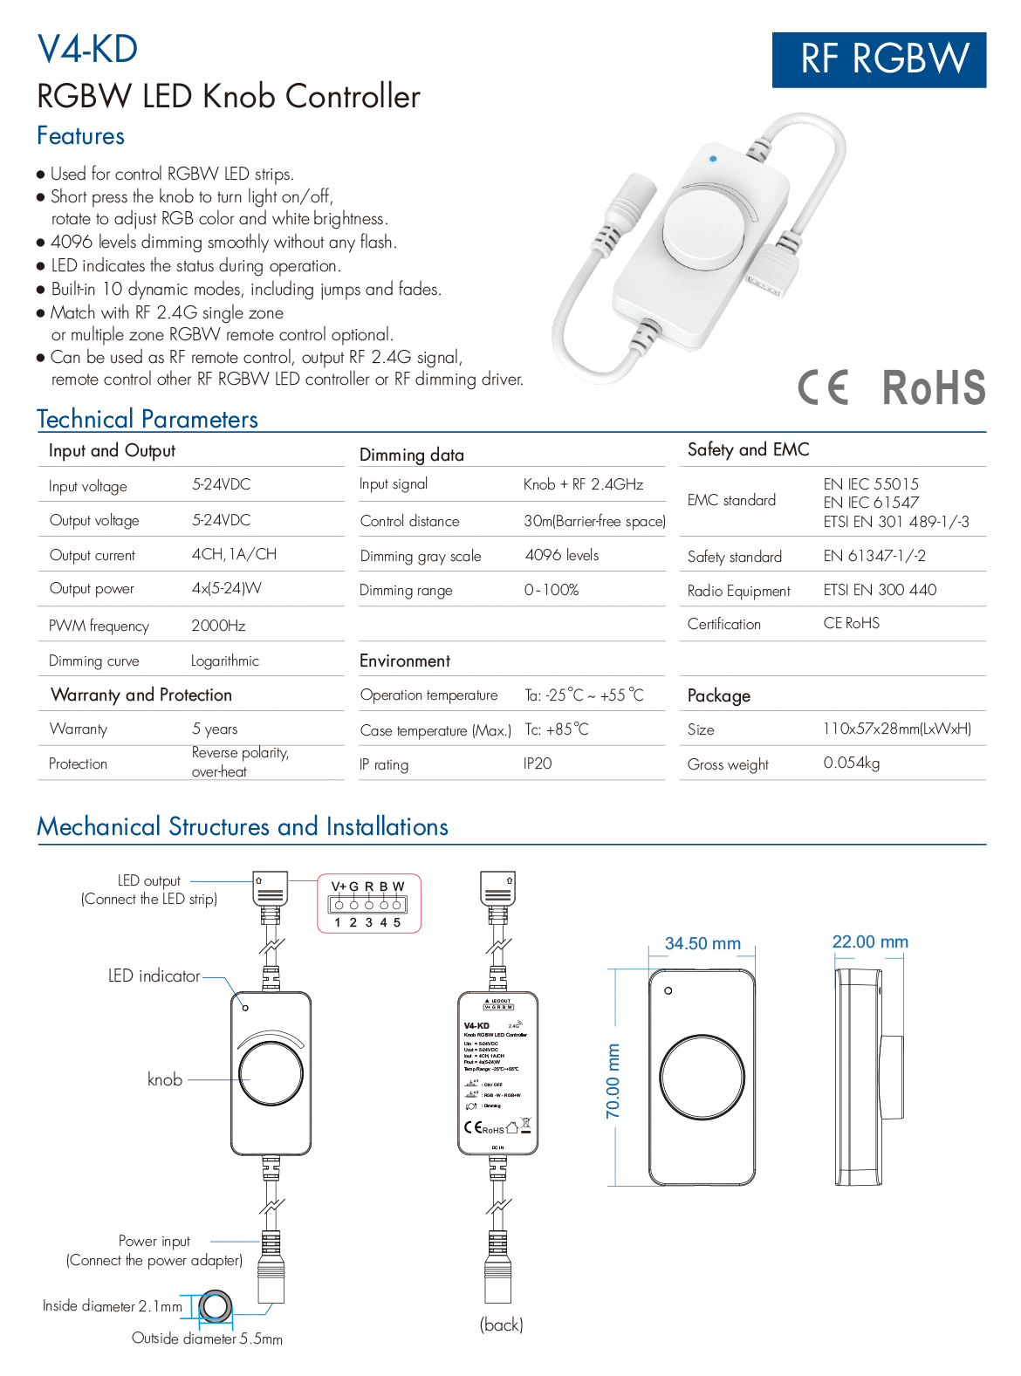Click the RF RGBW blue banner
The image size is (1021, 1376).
coord(879,59)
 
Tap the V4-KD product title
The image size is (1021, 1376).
coord(87,49)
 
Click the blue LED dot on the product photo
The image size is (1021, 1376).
coord(713,159)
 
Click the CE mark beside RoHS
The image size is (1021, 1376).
coord(823,387)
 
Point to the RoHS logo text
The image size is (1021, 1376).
coord(933,387)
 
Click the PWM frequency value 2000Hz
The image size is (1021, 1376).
coord(218,626)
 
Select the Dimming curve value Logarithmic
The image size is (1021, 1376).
coord(225,661)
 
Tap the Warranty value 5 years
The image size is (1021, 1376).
coord(215,729)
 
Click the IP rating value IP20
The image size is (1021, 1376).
coord(538,763)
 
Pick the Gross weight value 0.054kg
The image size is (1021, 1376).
coord(852,763)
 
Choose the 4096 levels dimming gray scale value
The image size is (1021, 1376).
coord(562,555)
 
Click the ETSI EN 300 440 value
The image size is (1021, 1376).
coord(880,590)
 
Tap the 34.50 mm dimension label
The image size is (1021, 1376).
coord(702,943)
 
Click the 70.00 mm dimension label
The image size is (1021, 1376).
coord(613,1080)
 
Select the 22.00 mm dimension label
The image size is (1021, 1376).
coord(870,941)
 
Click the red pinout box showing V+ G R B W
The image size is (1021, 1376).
coord(368,903)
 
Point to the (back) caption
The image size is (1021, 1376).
coord(501,1325)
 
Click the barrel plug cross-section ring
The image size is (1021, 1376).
coord(215,1307)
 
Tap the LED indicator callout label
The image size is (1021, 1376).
coord(154,976)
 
